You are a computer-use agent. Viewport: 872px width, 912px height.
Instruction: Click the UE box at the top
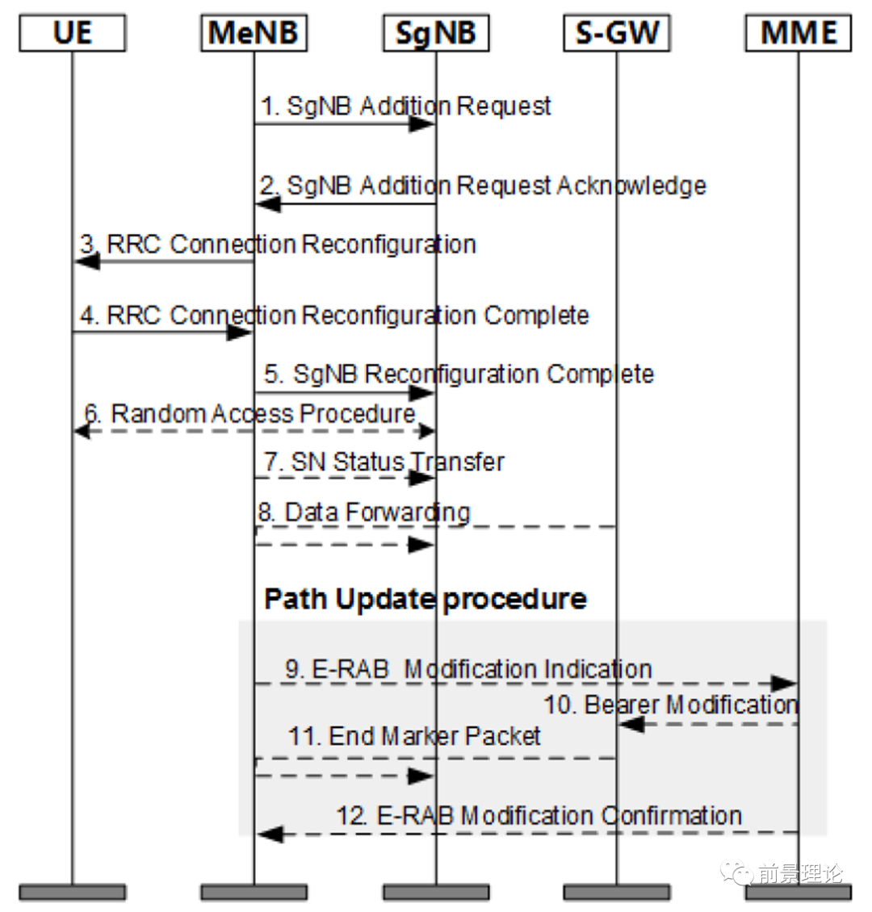tap(72, 32)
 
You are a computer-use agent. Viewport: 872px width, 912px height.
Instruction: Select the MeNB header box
tap(254, 32)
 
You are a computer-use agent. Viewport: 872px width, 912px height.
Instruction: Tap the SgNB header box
tap(436, 32)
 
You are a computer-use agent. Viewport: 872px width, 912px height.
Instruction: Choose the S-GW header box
tap(617, 32)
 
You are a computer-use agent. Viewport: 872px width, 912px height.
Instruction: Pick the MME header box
tap(798, 32)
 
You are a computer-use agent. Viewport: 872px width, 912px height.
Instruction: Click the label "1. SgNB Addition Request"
tap(405, 106)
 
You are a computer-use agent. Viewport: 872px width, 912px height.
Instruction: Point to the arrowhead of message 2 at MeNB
tap(267, 204)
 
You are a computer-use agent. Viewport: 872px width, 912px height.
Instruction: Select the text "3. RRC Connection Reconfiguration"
tap(278, 245)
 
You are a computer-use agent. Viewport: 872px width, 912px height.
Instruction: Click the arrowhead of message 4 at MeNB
tap(239, 333)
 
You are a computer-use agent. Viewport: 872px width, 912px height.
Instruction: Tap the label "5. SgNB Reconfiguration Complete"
tap(459, 374)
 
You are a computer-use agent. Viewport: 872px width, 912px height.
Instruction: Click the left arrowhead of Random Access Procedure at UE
tap(82, 431)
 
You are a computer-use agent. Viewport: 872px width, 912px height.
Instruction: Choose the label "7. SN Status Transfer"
tap(384, 462)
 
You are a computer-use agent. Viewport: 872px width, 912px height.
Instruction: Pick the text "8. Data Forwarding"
tap(364, 512)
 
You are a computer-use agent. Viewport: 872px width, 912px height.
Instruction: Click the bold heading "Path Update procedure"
tap(426, 599)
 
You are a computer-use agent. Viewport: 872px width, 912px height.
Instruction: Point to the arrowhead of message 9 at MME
tap(783, 684)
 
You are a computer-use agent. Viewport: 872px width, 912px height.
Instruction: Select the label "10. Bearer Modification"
tap(671, 705)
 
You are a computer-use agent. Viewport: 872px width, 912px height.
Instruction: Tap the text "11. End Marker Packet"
tap(414, 736)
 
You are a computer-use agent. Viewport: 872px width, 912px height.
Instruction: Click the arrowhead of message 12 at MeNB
tap(270, 834)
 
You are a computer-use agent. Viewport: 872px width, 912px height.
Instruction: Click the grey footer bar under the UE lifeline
tap(72, 892)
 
